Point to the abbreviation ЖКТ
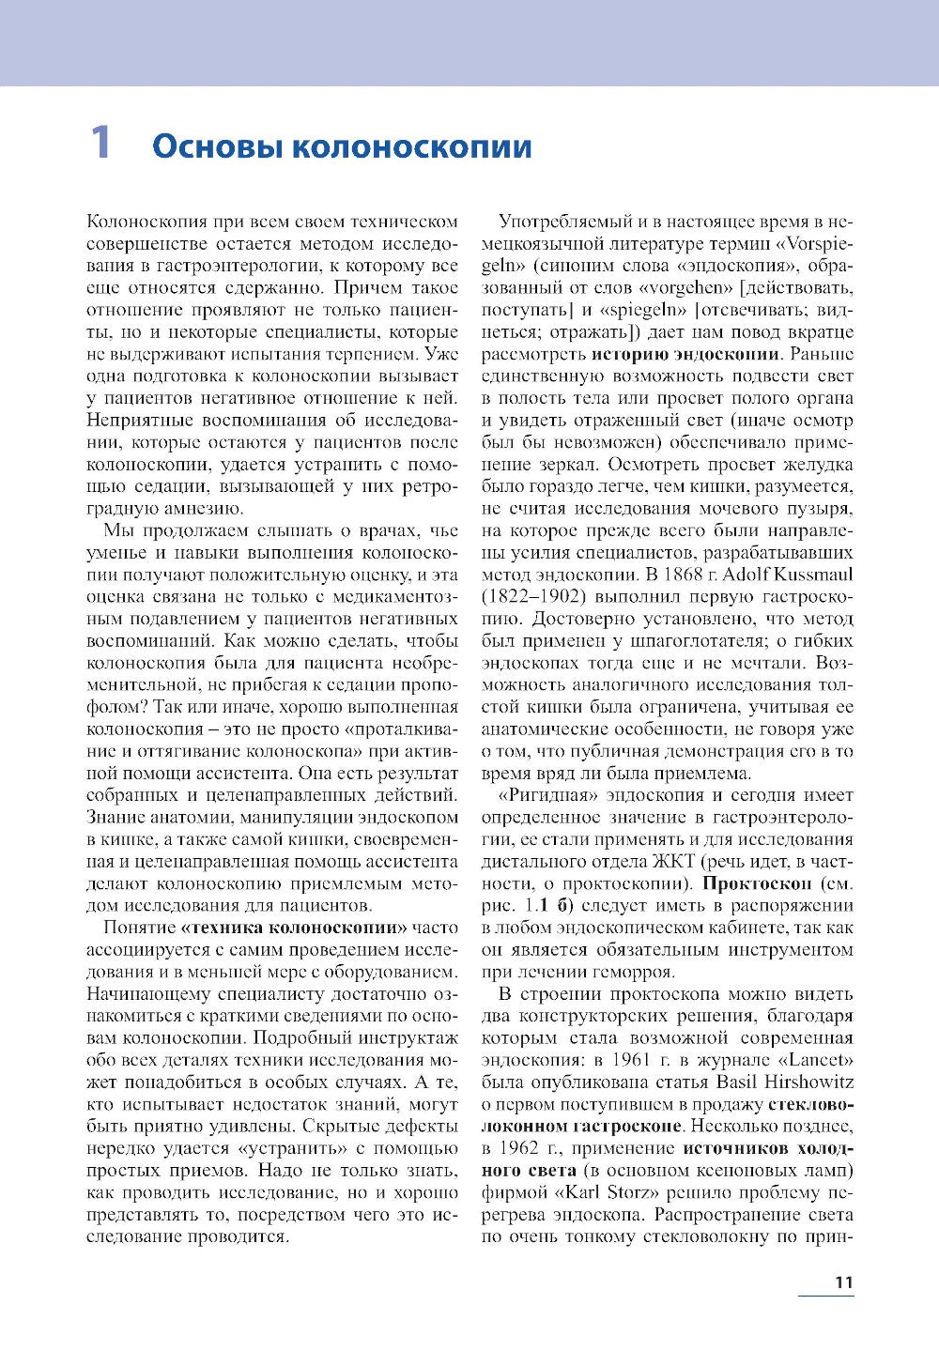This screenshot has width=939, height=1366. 672,861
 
